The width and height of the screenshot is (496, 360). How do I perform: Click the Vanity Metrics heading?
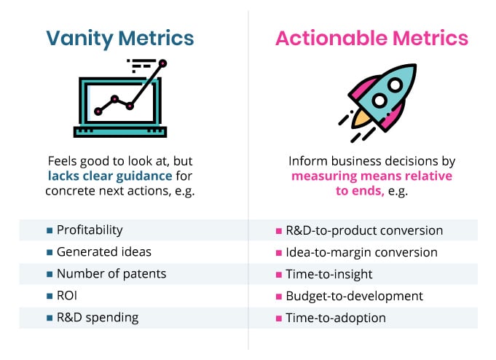120,37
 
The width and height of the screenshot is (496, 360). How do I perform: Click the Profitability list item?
90,230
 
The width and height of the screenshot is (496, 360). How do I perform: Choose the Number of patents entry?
111,274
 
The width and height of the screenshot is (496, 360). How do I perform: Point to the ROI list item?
68,296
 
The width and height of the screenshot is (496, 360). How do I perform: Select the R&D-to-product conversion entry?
364,230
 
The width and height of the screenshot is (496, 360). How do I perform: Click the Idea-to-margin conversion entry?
361,252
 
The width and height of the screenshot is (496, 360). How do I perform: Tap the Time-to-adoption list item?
336,318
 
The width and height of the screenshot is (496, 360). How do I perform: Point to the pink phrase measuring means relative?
371,176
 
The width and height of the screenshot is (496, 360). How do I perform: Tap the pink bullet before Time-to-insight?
279,275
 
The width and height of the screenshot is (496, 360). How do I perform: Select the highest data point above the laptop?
163,63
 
